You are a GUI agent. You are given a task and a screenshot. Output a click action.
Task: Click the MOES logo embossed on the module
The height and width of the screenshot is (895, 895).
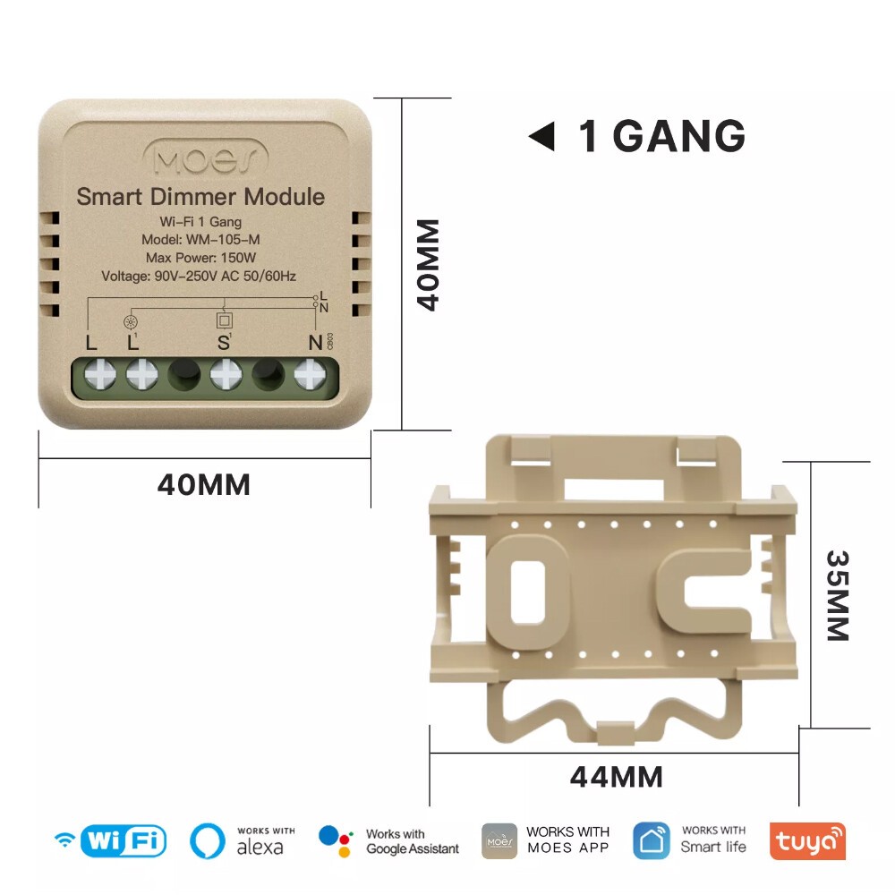click(206, 158)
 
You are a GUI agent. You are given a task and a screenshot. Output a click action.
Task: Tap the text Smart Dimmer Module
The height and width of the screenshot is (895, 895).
click(200, 197)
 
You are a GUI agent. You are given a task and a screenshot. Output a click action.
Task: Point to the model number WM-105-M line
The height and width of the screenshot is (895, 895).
click(200, 240)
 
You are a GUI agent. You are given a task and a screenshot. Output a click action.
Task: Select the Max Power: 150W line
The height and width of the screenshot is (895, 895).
click(200, 258)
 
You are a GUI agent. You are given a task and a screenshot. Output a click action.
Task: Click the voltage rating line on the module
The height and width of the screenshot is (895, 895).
click(199, 277)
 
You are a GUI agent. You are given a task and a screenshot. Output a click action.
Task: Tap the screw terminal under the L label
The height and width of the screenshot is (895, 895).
click(100, 374)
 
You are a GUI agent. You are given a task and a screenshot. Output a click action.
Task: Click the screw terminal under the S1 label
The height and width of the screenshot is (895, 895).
click(226, 374)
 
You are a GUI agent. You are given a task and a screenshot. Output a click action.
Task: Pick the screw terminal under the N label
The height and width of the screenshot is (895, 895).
click(310, 374)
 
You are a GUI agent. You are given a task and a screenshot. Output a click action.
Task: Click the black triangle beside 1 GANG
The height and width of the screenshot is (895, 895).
click(542, 136)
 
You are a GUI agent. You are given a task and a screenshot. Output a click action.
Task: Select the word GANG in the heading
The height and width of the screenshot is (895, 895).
click(679, 136)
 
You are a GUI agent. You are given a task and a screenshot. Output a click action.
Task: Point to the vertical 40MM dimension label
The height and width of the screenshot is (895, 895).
click(428, 265)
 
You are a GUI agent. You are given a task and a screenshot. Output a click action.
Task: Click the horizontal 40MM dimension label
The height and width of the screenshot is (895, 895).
click(204, 485)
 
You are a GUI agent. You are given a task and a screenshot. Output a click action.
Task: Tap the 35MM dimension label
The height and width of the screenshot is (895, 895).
click(838, 596)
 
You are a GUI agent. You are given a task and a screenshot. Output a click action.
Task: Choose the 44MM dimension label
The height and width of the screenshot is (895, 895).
click(617, 777)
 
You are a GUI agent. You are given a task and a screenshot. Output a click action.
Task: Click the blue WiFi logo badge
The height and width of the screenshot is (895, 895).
click(124, 840)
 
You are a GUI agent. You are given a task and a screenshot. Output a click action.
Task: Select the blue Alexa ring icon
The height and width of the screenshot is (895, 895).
click(208, 840)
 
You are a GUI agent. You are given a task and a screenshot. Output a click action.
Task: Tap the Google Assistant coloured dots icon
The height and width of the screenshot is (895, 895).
click(336, 841)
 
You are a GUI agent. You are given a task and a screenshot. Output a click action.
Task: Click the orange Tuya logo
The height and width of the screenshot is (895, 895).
click(807, 840)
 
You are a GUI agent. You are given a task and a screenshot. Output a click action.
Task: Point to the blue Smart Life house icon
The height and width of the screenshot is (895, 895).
click(652, 840)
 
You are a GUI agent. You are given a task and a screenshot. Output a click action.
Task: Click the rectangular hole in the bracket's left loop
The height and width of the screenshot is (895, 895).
click(527, 592)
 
